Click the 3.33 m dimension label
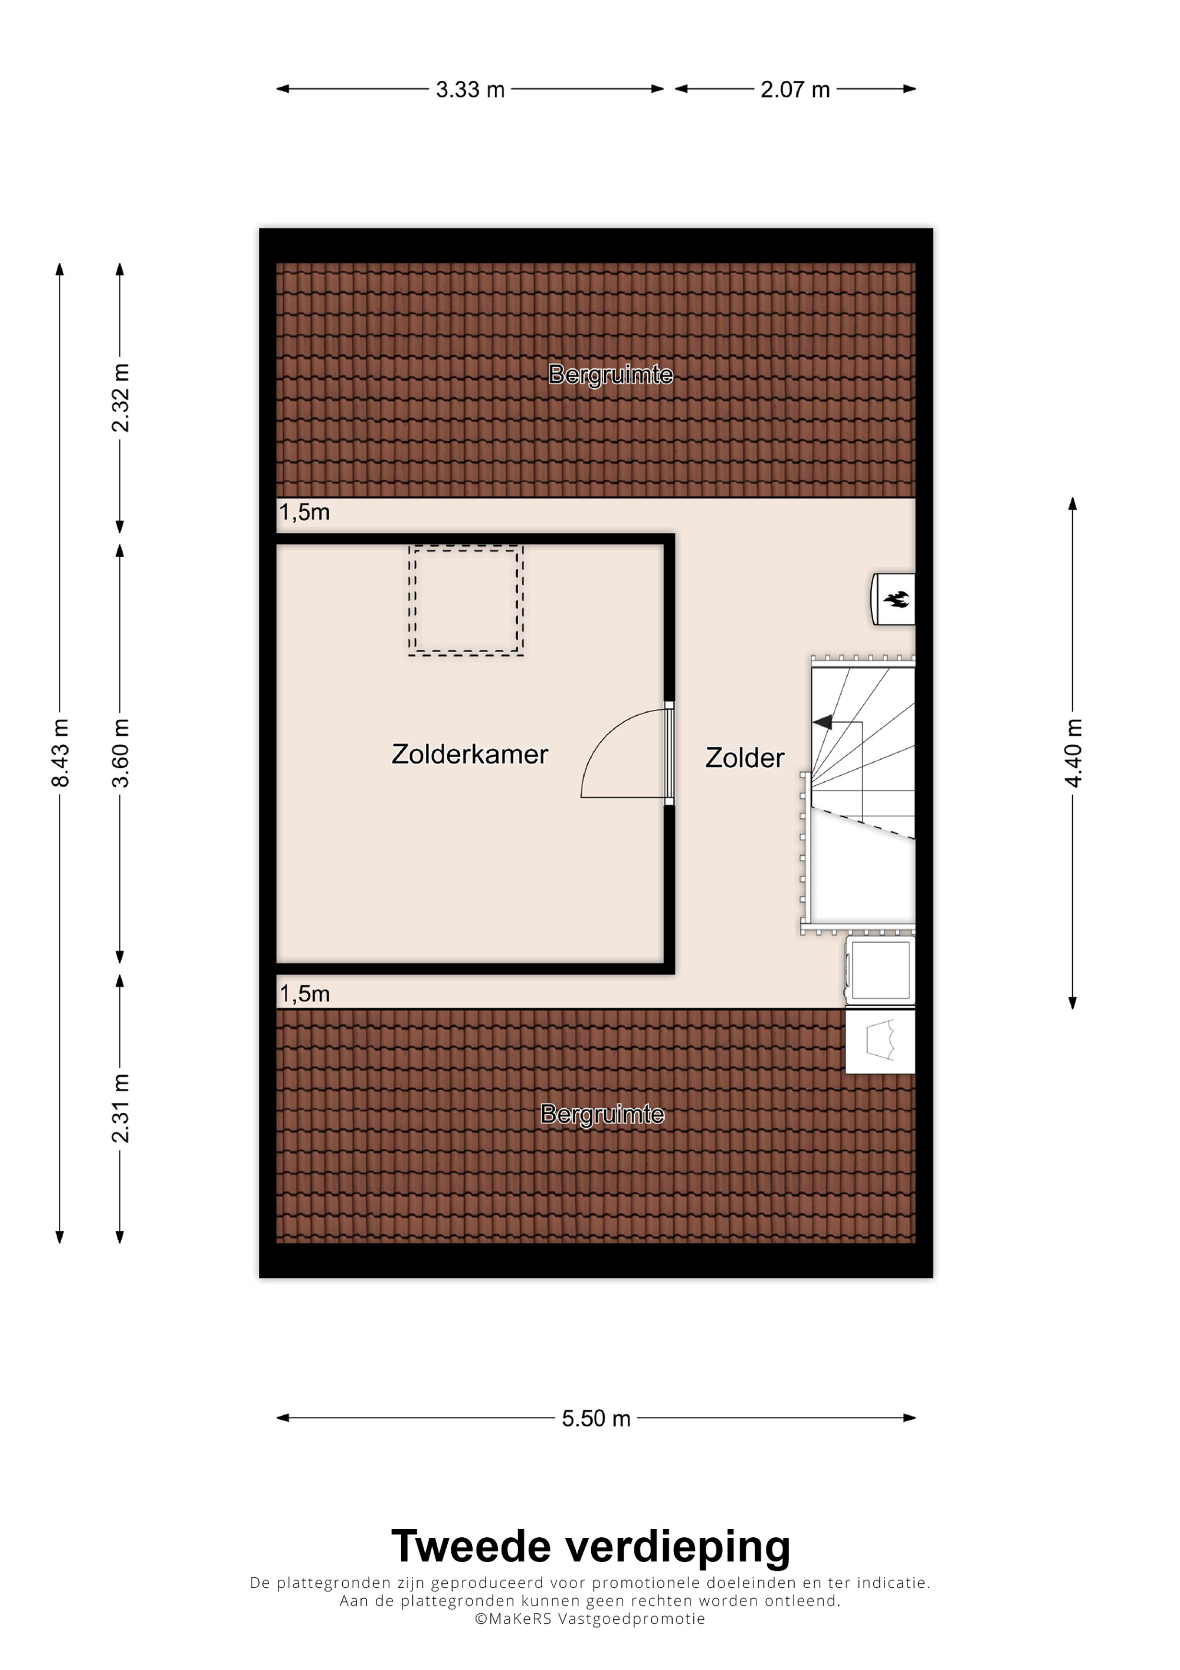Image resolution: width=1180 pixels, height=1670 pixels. [x=470, y=90]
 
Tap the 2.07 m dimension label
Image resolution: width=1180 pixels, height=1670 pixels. [x=795, y=90]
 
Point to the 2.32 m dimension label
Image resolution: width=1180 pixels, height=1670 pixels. [x=120, y=398]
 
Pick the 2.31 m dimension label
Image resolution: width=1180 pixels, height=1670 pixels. [x=120, y=1108]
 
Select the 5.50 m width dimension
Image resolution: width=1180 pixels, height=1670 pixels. [x=595, y=1419]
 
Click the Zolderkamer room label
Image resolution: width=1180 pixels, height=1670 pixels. [x=470, y=754]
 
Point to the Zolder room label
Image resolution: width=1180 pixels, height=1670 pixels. [x=745, y=758]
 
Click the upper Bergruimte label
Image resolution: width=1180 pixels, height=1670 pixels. [x=611, y=375]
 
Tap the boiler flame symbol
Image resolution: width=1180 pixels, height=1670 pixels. [x=896, y=600]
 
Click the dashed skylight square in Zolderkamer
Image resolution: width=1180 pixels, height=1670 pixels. [x=466, y=601]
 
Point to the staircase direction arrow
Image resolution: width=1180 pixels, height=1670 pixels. [x=824, y=722]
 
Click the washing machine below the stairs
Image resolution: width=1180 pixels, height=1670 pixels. [x=880, y=970]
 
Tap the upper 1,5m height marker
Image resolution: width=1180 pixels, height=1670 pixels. [x=304, y=512]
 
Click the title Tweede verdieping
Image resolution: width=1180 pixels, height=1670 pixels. [x=591, y=1546]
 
